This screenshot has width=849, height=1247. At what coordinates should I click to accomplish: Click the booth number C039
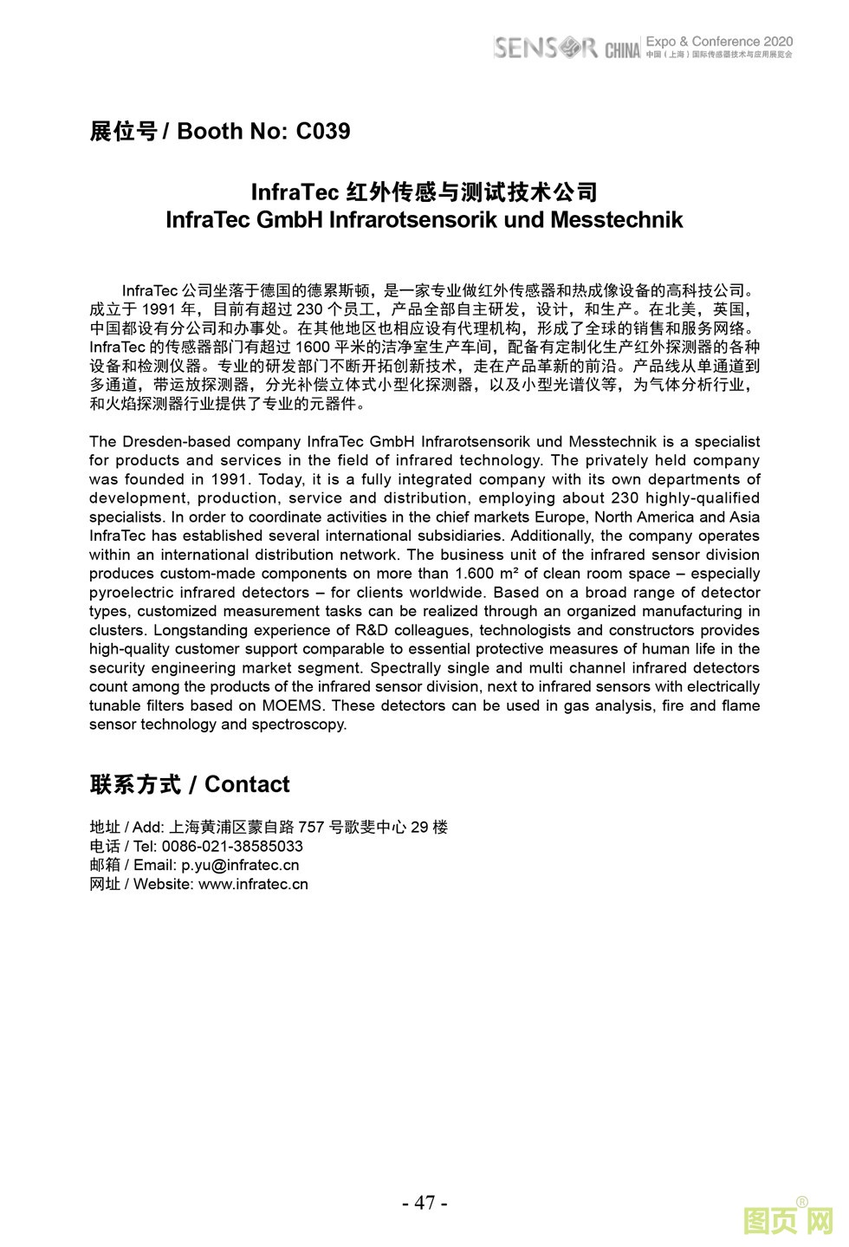coord(323,132)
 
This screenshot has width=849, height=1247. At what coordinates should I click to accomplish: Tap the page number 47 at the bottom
coord(424,1203)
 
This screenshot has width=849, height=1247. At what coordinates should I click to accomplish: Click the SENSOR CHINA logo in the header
coord(567,48)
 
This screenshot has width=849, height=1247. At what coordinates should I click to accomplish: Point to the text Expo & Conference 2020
coord(719,41)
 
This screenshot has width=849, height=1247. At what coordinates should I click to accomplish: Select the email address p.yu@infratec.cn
coord(240,865)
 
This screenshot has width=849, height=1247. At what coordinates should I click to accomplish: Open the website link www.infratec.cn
coord(253,884)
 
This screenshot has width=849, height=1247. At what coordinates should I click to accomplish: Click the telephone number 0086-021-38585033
coord(232,846)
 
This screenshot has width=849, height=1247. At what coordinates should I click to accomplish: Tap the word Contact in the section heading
coord(247,784)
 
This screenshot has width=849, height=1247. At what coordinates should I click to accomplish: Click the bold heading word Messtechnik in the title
coord(616,220)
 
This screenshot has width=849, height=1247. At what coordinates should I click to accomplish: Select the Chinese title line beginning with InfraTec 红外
coord(424,192)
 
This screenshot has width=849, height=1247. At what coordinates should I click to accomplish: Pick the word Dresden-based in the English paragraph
coord(174,442)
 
